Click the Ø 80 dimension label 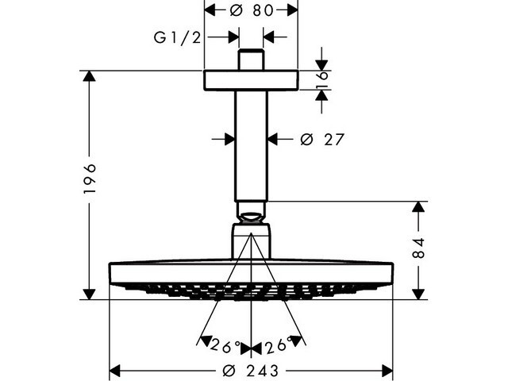[250, 10]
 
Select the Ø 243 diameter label [251, 371]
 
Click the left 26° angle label [225, 345]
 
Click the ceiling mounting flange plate [251, 80]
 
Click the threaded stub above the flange [251, 60]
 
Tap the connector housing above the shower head [251, 240]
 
